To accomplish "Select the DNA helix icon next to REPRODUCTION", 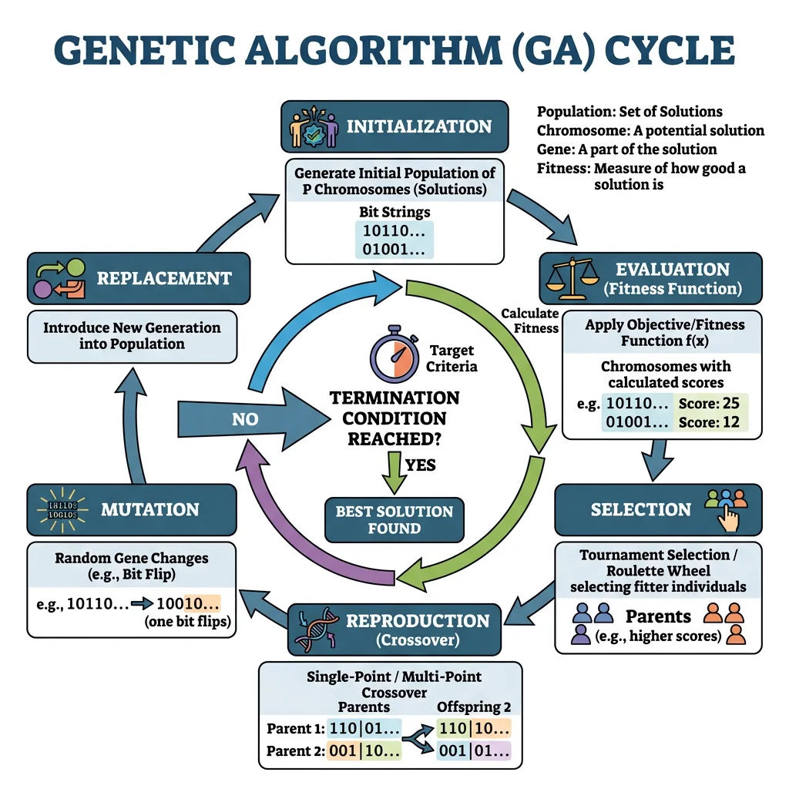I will [x=317, y=628].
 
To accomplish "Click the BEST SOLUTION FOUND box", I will [x=394, y=520].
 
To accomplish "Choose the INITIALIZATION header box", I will [x=394, y=126].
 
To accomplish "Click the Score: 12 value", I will [x=702, y=422].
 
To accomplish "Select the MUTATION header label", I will [x=149, y=509].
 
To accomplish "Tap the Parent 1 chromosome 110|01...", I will [x=364, y=727].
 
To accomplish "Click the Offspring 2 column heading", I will [x=474, y=707].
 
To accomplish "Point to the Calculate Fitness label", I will [x=530, y=321].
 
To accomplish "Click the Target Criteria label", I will [x=452, y=358].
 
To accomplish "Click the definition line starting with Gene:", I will [x=626, y=149].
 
